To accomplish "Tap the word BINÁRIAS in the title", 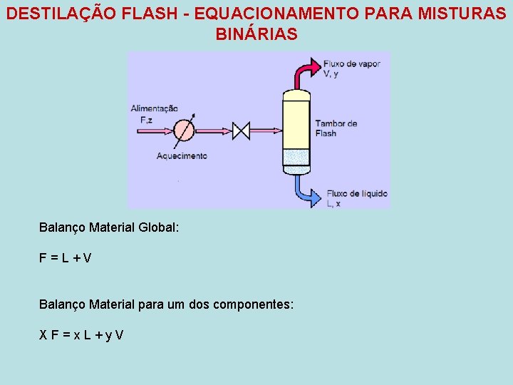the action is tap(256, 34).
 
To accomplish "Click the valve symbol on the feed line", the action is tap(242, 131).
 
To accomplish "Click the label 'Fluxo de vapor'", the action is tap(352, 63).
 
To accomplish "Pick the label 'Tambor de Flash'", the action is tap(336, 128).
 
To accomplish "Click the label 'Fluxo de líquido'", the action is tap(357, 192).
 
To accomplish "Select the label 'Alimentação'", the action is tap(153, 108).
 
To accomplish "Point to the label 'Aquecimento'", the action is tap(182, 155).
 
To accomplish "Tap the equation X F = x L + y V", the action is tap(81, 334).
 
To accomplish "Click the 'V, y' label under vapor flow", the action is tap(331, 73).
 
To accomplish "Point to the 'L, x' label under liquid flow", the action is tap(333, 203).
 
